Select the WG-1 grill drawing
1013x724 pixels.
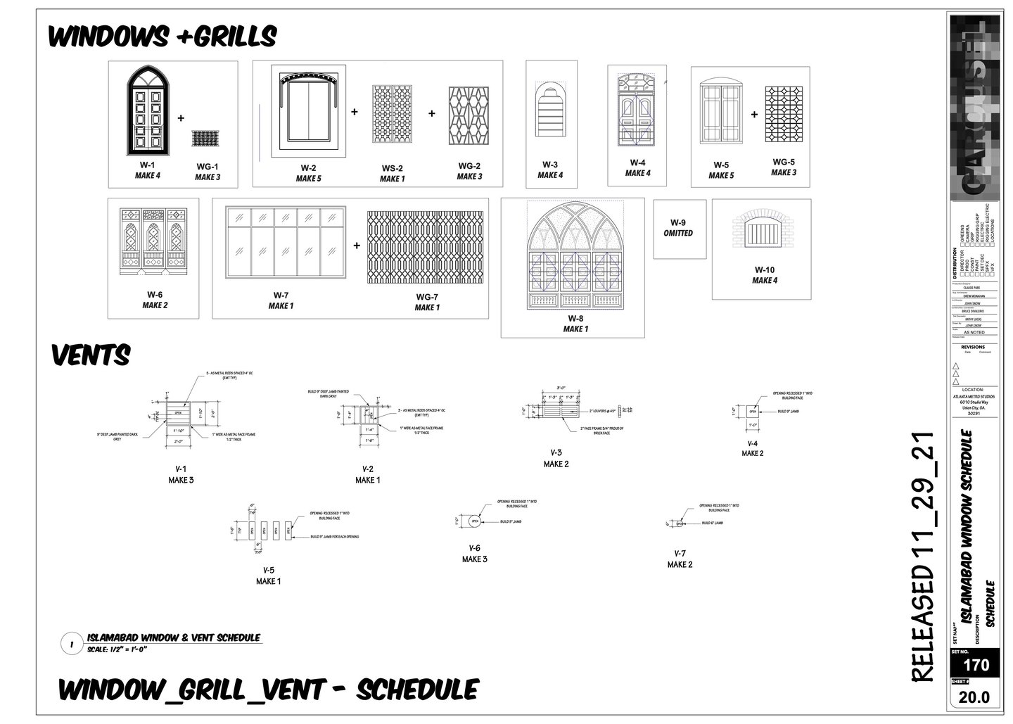pyautogui.click(x=207, y=138)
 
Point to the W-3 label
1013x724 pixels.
pyautogui.click(x=549, y=164)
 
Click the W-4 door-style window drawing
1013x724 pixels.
pyautogui.click(x=637, y=110)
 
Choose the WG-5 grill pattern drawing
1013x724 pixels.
pyautogui.click(x=783, y=115)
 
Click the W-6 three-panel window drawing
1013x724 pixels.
pyautogui.click(x=154, y=240)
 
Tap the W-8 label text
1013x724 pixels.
pyautogui.click(x=575, y=318)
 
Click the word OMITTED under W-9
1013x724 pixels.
pyautogui.click(x=678, y=233)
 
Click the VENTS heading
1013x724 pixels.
pyautogui.click(x=91, y=355)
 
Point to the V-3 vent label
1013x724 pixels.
pyautogui.click(x=556, y=452)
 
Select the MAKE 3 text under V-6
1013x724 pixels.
pyautogui.click(x=474, y=559)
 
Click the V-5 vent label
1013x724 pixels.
pyautogui.click(x=268, y=570)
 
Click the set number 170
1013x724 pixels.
pyautogui.click(x=976, y=665)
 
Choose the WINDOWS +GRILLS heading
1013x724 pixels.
pyautogui.click(x=162, y=35)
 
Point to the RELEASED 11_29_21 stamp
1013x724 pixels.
pyautogui.click(x=923, y=556)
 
